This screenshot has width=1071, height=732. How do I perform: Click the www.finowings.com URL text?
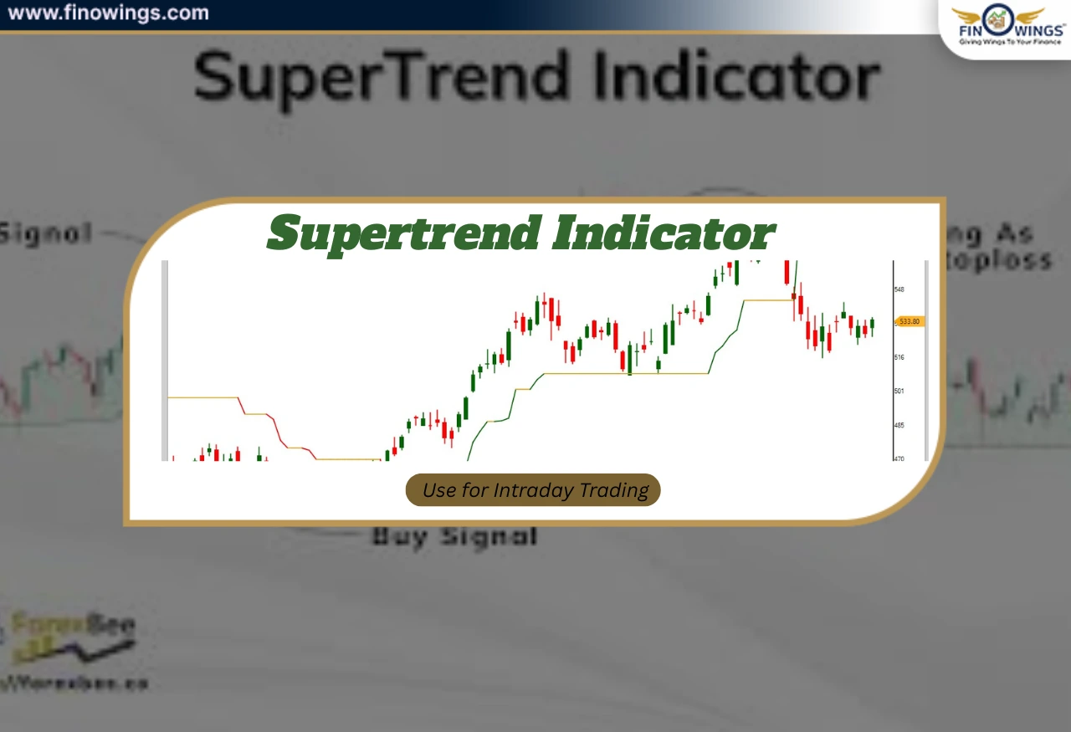coord(108,13)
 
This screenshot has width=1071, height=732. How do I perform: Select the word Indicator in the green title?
coord(663,233)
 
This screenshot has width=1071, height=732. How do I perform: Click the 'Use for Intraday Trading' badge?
coord(533,490)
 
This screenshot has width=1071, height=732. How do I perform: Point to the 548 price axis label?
coord(899,289)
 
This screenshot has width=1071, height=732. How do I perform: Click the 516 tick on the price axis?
coord(899,357)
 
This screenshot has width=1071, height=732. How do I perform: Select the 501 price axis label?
coord(899,391)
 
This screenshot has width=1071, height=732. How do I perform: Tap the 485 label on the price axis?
coord(899,425)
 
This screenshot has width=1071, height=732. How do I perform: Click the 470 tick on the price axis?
coord(899,458)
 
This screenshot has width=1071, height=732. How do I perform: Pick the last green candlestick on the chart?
coord(872,325)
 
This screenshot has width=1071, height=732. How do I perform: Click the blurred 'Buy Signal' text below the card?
coord(454,536)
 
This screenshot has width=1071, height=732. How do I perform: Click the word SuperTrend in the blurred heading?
coord(381,78)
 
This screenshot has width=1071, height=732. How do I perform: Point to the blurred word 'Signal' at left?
coord(46,233)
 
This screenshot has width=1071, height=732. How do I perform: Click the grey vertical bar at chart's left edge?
coord(165,360)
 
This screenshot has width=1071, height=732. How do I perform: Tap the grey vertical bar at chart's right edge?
coord(926,360)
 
